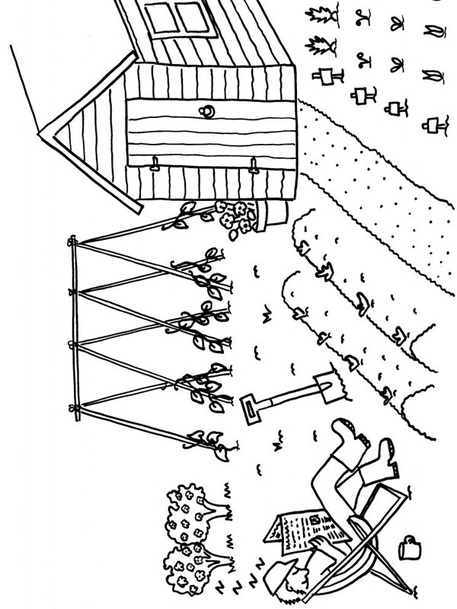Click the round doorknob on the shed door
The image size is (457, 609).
coord(206,111)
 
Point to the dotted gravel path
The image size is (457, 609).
coord(366,190)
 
